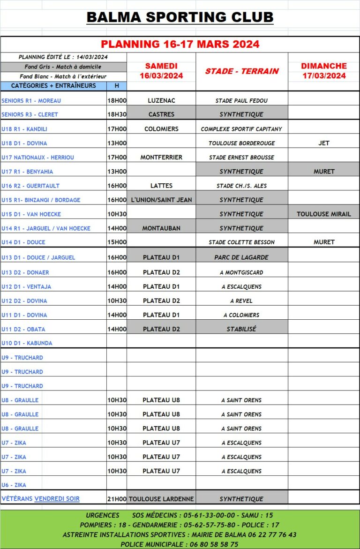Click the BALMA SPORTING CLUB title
click(x=180, y=18)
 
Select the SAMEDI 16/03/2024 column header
click(x=161, y=71)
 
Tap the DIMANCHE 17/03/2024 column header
click(x=324, y=71)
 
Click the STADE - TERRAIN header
click(x=242, y=71)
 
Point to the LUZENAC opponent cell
click(x=161, y=100)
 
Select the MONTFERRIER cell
click(x=161, y=157)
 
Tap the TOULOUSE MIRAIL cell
click(x=324, y=214)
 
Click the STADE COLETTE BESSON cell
click(x=242, y=242)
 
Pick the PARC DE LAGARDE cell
click(x=242, y=257)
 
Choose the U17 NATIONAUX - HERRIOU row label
click(x=37, y=158)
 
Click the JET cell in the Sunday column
click(x=324, y=143)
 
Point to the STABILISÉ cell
click(x=242, y=329)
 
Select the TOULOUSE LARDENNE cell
click(x=161, y=499)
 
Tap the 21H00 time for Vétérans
click(x=117, y=499)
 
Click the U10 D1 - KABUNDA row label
click(x=27, y=343)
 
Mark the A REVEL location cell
click(x=242, y=301)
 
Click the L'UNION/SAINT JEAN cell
click(x=161, y=200)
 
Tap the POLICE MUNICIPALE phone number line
click(x=180, y=544)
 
